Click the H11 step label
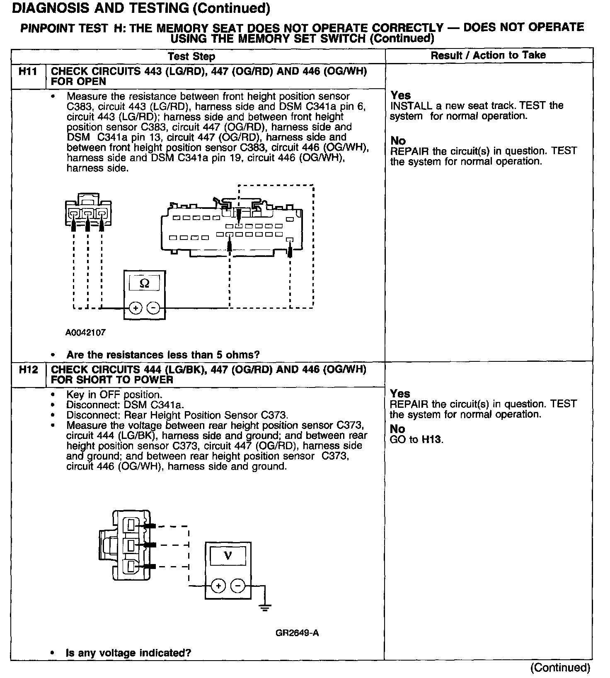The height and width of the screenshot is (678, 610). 28,71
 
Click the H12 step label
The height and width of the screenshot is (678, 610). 28,369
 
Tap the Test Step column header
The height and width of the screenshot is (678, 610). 191,56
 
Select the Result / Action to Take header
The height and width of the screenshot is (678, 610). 488,55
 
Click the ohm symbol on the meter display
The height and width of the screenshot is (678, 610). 145,283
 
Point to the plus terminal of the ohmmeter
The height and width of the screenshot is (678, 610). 135,308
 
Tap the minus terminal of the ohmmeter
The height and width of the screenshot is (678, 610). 153,308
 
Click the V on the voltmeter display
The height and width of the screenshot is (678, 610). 228,556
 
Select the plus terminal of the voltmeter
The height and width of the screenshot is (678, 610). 218,586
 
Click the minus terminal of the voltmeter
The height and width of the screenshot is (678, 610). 237,586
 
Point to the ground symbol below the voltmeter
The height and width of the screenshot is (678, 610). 265,607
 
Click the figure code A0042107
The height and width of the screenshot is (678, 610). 85,332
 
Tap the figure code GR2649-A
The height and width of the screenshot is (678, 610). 297,633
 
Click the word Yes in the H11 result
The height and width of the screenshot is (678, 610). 400,95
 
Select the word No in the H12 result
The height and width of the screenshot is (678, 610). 397,429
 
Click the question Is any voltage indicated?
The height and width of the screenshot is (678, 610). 128,653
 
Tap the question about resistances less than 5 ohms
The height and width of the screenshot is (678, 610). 163,355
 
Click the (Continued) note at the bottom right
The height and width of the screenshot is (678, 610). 560,668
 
